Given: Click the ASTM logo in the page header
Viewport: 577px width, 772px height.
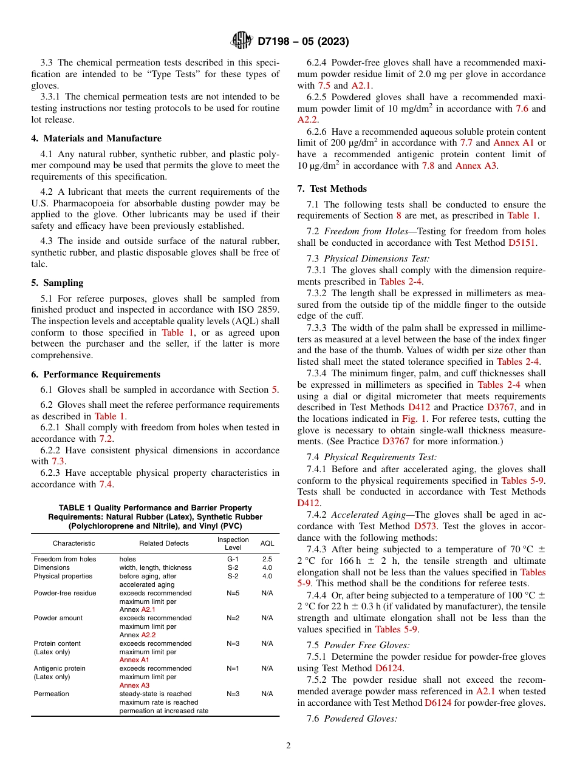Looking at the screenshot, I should tap(242, 41).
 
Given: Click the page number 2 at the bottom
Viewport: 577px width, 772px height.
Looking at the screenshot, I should tap(288, 746).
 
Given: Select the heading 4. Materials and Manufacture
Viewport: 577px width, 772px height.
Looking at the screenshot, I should tap(96, 138).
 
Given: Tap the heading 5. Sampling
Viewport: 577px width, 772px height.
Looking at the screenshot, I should tap(57, 283).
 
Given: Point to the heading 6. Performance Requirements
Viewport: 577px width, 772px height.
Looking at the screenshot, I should tap(95, 374).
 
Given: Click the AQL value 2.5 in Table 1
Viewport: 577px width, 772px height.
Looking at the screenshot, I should tap(267, 559).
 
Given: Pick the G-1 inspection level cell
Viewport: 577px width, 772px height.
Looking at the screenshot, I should tap(233, 559).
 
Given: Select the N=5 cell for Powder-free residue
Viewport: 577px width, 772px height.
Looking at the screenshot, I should tap(233, 593).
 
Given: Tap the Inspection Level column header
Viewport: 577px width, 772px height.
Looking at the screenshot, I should tap(233, 543).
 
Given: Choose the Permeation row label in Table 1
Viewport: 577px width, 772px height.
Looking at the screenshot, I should tap(51, 694).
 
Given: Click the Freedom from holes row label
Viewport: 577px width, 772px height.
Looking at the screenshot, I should tap(64, 559).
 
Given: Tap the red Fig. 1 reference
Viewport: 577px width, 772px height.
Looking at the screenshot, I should tap(414, 419).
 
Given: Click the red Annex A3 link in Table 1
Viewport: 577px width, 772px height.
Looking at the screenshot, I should tap(134, 685).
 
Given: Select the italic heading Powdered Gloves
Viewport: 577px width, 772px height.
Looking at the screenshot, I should tap(361, 719).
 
